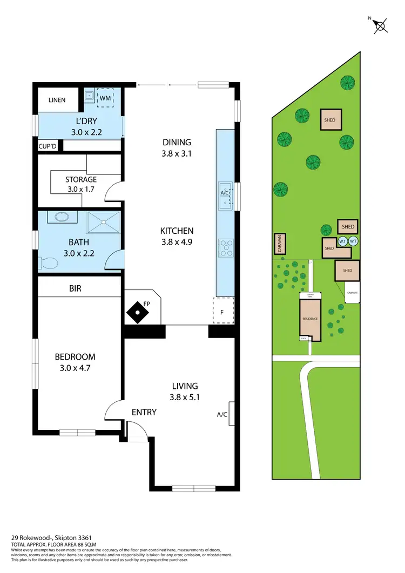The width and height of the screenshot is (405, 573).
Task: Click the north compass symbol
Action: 380,25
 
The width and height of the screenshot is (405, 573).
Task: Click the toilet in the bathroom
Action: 49,264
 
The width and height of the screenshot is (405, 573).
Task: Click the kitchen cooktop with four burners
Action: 225,248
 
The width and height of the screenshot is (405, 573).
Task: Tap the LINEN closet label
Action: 57,100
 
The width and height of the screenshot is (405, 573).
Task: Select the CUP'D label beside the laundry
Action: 47,146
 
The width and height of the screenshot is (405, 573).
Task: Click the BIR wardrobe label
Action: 75,289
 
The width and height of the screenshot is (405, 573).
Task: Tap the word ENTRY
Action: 144,412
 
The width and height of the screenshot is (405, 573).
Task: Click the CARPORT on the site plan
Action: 352,292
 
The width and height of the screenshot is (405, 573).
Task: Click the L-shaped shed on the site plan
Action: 330,248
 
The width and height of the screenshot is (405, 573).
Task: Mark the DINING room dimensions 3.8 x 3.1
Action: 177,153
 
